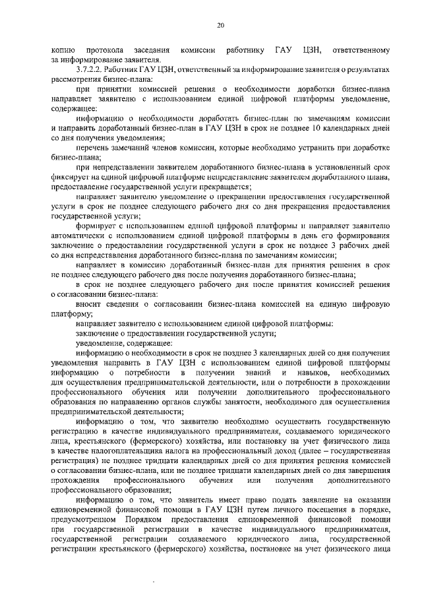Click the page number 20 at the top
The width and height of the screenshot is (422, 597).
point(220,25)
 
